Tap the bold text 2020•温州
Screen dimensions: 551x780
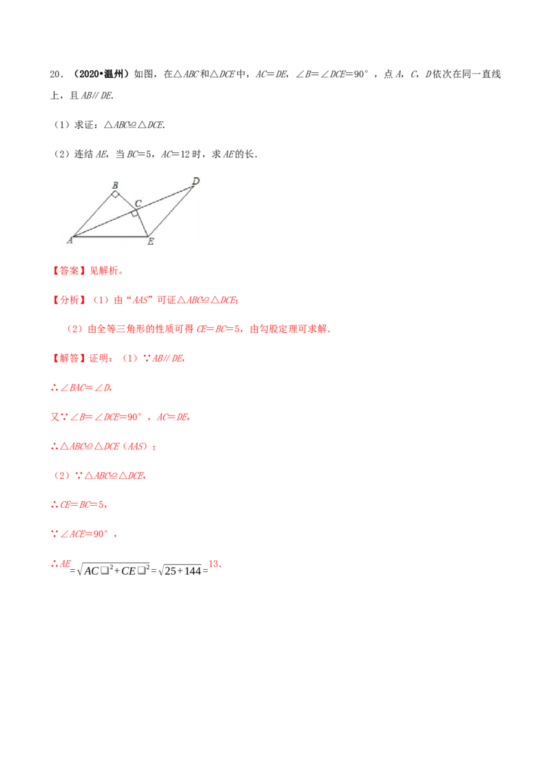(101, 74)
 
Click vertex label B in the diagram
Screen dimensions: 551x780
(116, 185)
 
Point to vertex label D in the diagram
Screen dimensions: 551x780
(196, 181)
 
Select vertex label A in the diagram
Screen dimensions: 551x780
(70, 240)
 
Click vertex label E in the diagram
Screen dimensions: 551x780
(151, 241)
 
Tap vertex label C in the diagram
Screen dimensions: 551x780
(138, 203)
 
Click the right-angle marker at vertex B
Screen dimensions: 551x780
(116, 194)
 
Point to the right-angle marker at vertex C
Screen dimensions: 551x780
(134, 214)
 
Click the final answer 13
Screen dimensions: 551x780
(214, 564)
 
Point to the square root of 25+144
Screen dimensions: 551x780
(180, 571)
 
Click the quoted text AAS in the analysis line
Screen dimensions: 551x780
(141, 300)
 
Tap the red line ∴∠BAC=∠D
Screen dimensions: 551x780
(81, 387)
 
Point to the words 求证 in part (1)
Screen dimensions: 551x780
(84, 125)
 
